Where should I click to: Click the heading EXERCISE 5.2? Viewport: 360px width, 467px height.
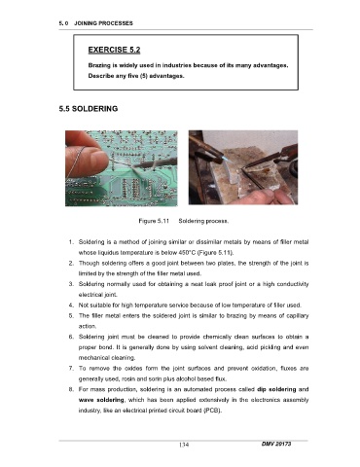pos(114,50)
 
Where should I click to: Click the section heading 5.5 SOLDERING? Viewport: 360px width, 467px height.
pos(89,109)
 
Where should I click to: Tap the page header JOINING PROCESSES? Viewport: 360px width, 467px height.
pos(103,23)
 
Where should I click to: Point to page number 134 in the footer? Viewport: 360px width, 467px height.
pos(184,445)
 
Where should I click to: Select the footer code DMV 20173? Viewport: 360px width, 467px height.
pos(276,444)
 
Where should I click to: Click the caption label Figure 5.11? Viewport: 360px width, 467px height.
pos(154,221)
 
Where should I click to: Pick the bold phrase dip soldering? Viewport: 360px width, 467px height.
pos(276,389)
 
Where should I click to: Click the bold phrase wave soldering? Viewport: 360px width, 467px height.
pos(101,400)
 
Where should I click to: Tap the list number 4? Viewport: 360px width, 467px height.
pos(71,305)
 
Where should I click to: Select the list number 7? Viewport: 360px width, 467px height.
pos(71,369)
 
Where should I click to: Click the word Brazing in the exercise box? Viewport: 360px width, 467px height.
pos(99,65)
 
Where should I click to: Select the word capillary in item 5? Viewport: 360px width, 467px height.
pos(297,316)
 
